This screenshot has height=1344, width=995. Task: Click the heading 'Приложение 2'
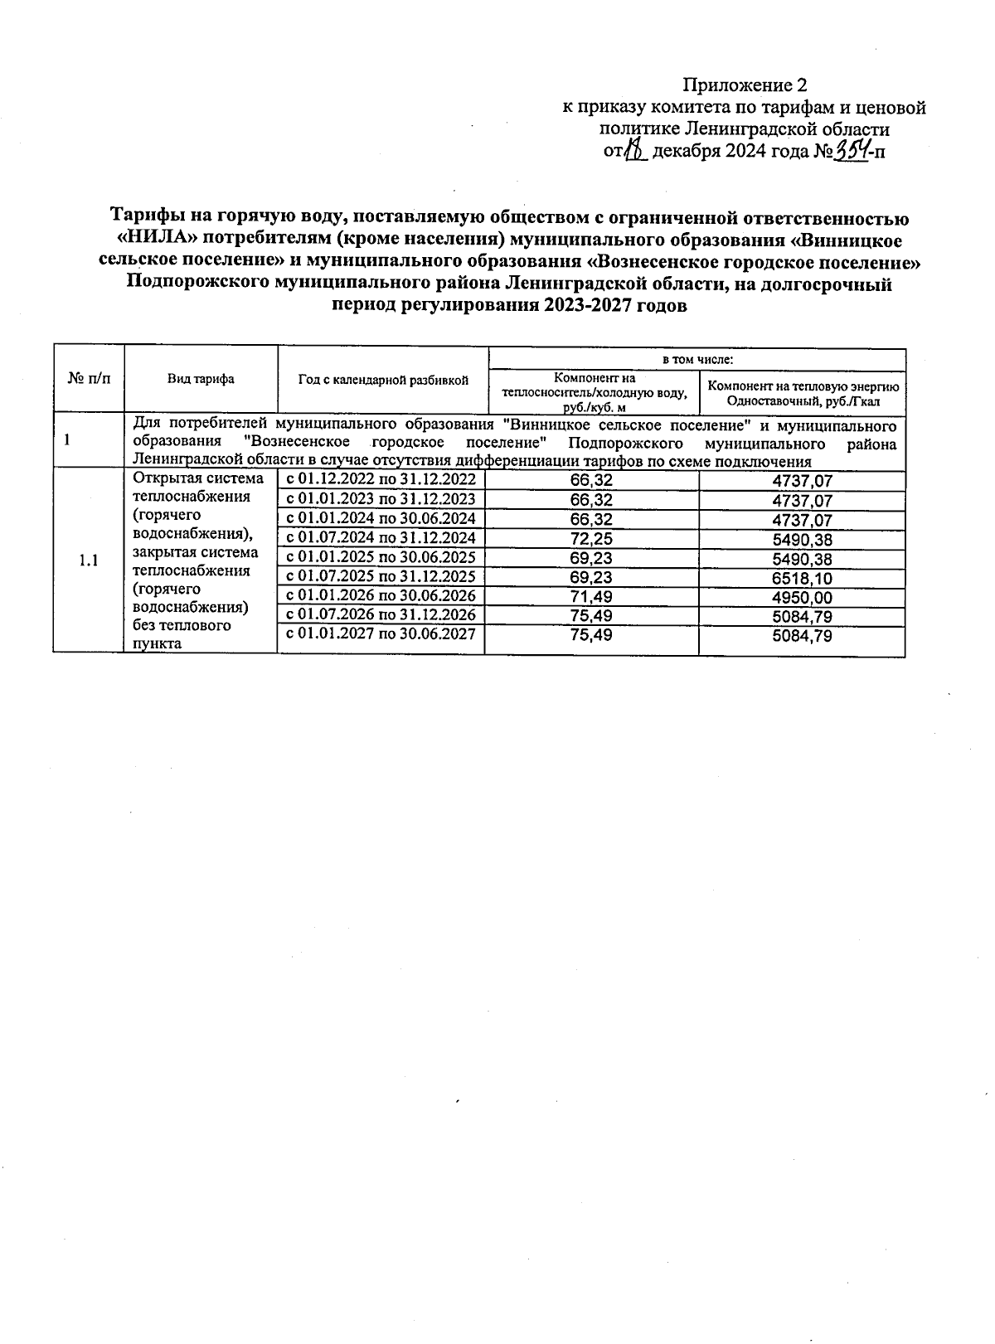745,85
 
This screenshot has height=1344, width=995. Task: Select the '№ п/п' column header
88,378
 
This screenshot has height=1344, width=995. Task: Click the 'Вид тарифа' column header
201,379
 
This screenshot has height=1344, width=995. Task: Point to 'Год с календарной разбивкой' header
383,380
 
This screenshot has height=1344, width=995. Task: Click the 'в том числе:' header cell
696,359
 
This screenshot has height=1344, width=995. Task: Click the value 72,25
591,540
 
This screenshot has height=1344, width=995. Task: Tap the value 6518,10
801,579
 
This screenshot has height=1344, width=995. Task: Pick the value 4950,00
801,598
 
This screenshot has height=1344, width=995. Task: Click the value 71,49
591,598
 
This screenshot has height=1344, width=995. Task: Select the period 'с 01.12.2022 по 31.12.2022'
381,479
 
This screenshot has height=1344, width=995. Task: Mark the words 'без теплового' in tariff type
182,625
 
